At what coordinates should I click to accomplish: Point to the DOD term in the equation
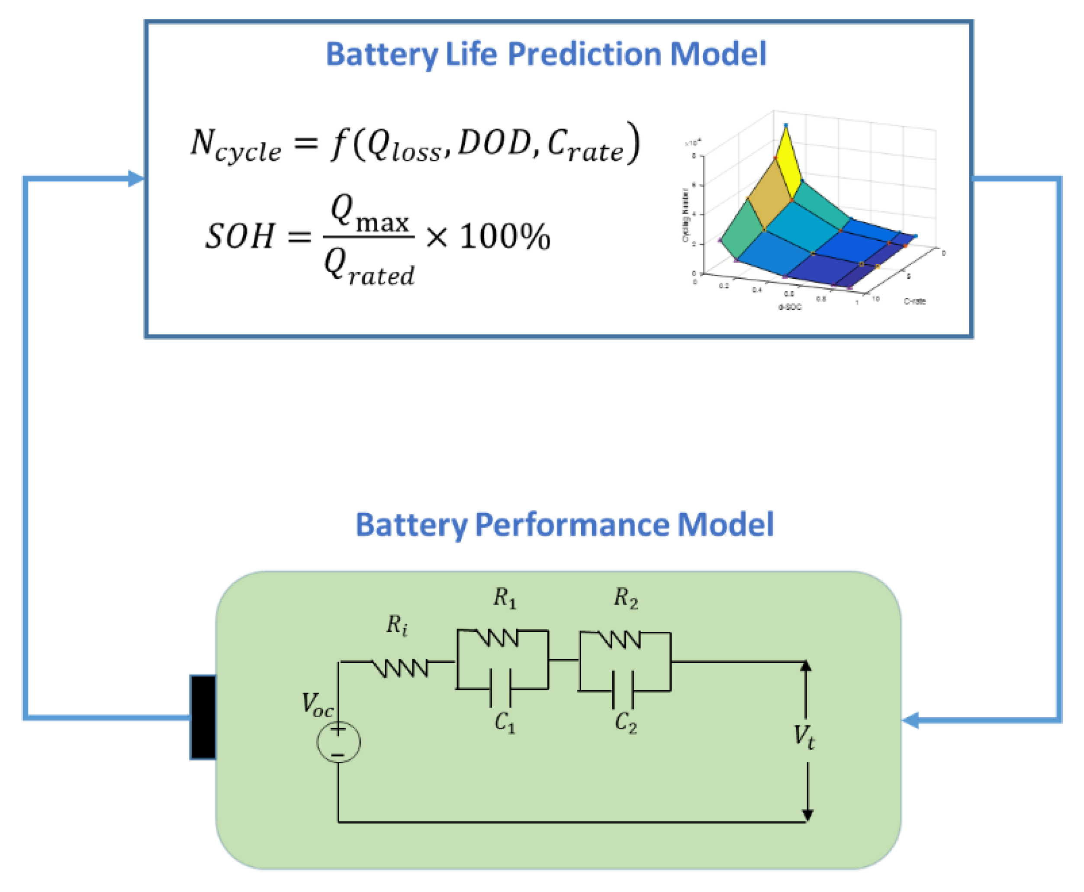pyautogui.click(x=493, y=142)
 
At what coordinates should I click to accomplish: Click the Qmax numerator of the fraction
pyautogui.click(x=370, y=213)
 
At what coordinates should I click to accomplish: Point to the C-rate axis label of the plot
pyautogui.click(x=914, y=301)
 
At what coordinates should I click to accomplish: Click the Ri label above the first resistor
pyautogui.click(x=397, y=625)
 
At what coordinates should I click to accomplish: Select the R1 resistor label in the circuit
pyautogui.click(x=505, y=598)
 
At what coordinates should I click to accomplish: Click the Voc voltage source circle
pyautogui.click(x=338, y=742)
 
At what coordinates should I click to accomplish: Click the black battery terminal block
pyautogui.click(x=203, y=717)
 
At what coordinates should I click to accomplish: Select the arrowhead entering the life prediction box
pyautogui.click(x=136, y=179)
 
